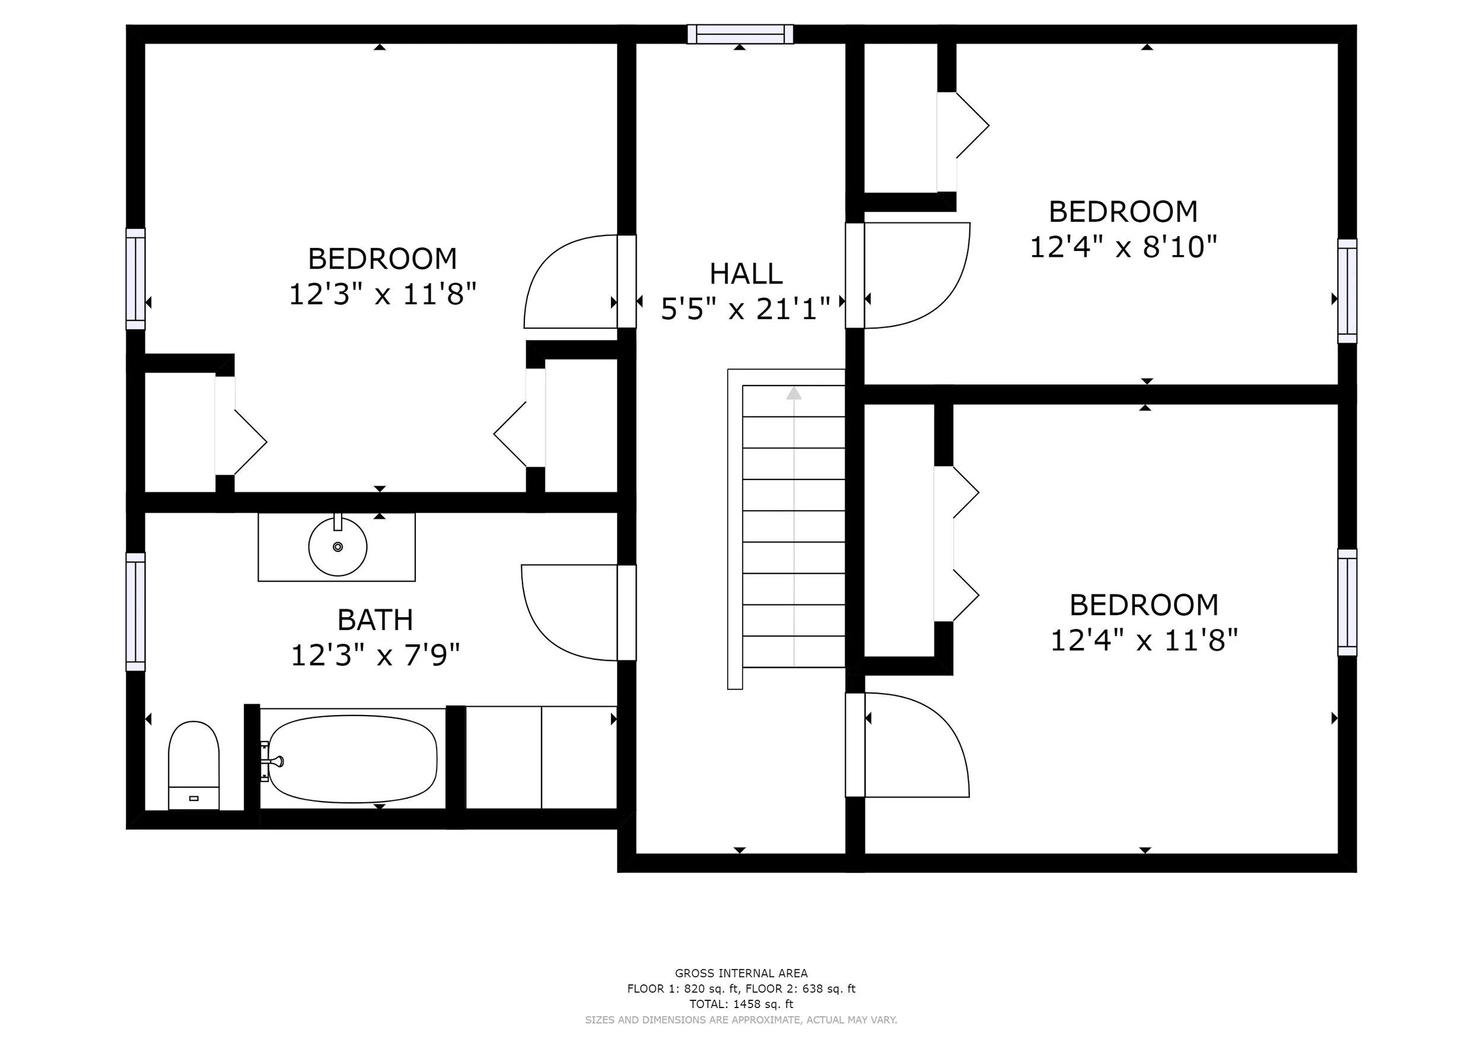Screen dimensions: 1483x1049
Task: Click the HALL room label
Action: point(746,274)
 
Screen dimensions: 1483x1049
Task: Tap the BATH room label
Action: point(375,620)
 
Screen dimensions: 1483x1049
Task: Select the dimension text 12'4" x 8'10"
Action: point(1124,247)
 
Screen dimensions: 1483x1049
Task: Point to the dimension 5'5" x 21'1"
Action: point(746,309)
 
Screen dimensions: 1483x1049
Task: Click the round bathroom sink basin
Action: point(338,547)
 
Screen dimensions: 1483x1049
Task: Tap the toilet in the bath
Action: point(194,765)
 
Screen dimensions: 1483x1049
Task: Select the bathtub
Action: point(353,759)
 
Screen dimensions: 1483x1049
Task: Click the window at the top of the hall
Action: point(740,34)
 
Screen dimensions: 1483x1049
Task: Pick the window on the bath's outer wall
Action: point(136,612)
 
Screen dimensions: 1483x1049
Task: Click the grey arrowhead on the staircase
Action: point(794,393)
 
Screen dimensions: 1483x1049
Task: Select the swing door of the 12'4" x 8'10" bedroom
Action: point(916,276)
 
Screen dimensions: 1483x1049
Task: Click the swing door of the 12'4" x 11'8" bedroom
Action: point(916,745)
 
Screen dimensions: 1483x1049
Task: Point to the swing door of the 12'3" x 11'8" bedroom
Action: point(571,282)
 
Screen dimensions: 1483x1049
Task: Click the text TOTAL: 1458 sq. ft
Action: point(741,1005)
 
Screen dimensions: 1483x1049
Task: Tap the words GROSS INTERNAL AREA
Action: point(741,974)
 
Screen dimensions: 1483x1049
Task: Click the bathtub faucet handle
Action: point(274,762)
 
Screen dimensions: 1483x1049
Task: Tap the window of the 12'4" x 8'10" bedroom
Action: point(1347,291)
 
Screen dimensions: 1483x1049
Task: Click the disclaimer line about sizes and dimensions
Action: point(741,1020)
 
